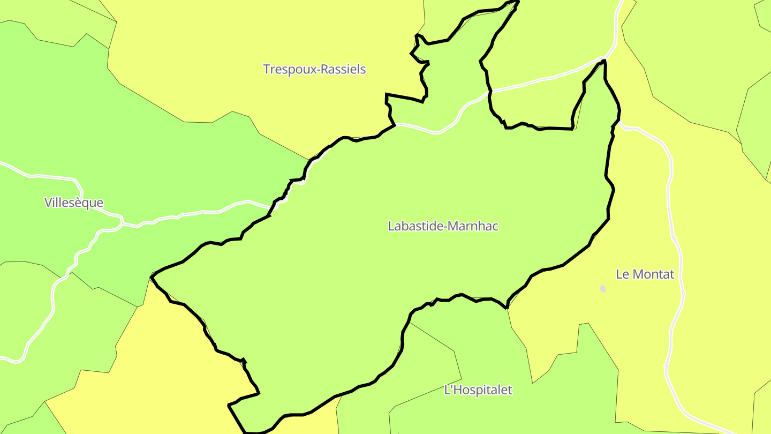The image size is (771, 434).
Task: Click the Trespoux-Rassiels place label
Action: pos(314,69)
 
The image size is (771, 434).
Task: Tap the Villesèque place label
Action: pos(74,203)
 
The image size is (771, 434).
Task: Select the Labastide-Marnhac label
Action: pos(443,226)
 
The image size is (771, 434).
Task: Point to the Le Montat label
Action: pos(645,274)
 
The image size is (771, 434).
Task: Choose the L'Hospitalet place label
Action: pos(478,390)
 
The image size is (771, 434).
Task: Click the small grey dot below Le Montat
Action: pos(603,289)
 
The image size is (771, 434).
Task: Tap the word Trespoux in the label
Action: pos(289,70)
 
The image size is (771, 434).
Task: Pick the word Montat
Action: pos(653,274)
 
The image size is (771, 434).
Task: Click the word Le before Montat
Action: pos(622,274)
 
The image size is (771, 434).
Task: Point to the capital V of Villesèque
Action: pos(49,203)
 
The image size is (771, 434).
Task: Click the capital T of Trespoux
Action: pos(267,69)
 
